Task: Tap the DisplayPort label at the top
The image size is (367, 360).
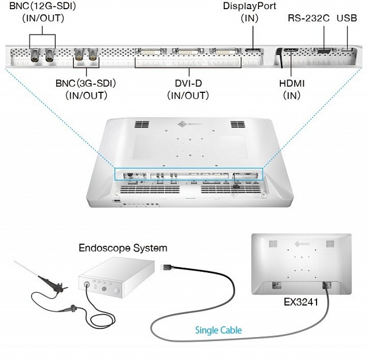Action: pyautogui.click(x=249, y=6)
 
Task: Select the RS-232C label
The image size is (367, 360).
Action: pyautogui.click(x=309, y=18)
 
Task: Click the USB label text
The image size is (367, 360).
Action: pyautogui.click(x=347, y=18)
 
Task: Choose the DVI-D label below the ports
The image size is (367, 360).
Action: pyautogui.click(x=189, y=84)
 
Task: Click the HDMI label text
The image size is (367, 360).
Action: pyautogui.click(x=292, y=84)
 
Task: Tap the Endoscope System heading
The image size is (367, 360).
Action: pyautogui.click(x=123, y=248)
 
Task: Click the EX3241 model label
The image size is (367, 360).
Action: pyautogui.click(x=301, y=300)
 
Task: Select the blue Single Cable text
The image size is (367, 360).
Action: pyautogui.click(x=218, y=330)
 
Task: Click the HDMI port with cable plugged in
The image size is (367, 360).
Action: pyautogui.click(x=290, y=53)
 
